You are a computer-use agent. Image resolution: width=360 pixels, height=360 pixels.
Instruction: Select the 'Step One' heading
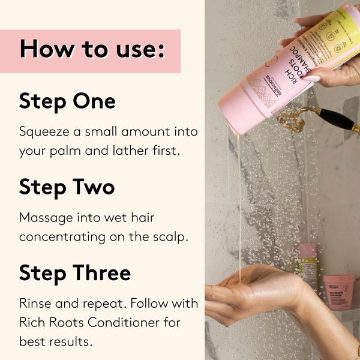coord(67,101)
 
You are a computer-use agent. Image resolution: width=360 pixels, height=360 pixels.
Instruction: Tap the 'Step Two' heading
coord(67,187)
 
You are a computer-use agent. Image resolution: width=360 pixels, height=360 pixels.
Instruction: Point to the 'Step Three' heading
coord(75,273)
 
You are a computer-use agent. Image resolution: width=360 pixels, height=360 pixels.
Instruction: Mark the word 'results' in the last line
coord(71,341)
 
